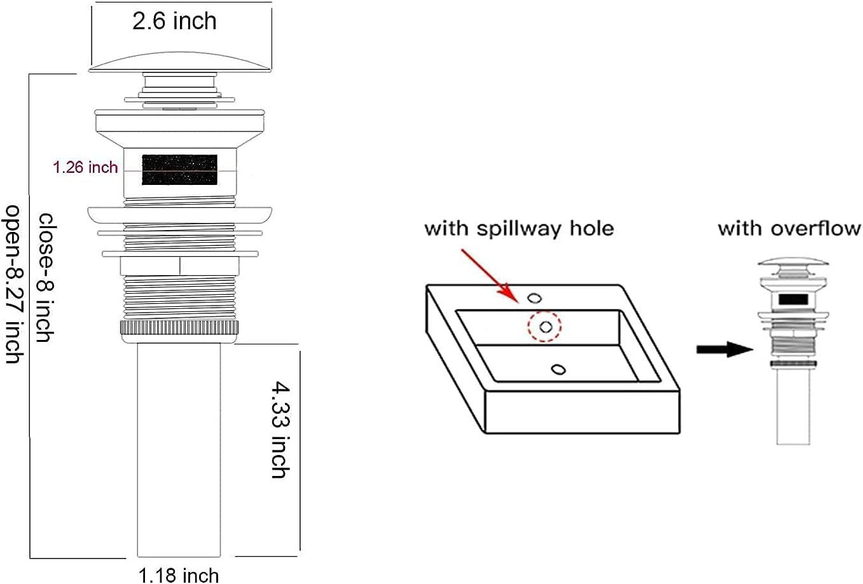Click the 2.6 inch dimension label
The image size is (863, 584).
tap(175, 21)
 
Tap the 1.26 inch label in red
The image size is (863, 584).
tap(85, 168)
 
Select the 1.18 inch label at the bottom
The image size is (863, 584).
tap(179, 575)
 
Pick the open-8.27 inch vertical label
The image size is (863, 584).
tap(14, 283)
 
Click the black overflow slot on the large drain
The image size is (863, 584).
tap(179, 170)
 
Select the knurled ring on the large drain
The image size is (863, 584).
tap(179, 329)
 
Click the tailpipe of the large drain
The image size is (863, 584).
tap(179, 451)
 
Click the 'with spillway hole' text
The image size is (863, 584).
tap(519, 228)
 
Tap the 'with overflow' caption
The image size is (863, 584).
tap(789, 228)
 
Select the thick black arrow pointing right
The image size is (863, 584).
tap(724, 349)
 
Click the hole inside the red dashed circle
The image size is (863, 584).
tap(545, 327)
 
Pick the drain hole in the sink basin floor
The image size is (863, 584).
tap(558, 369)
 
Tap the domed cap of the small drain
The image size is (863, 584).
tap(794, 262)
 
